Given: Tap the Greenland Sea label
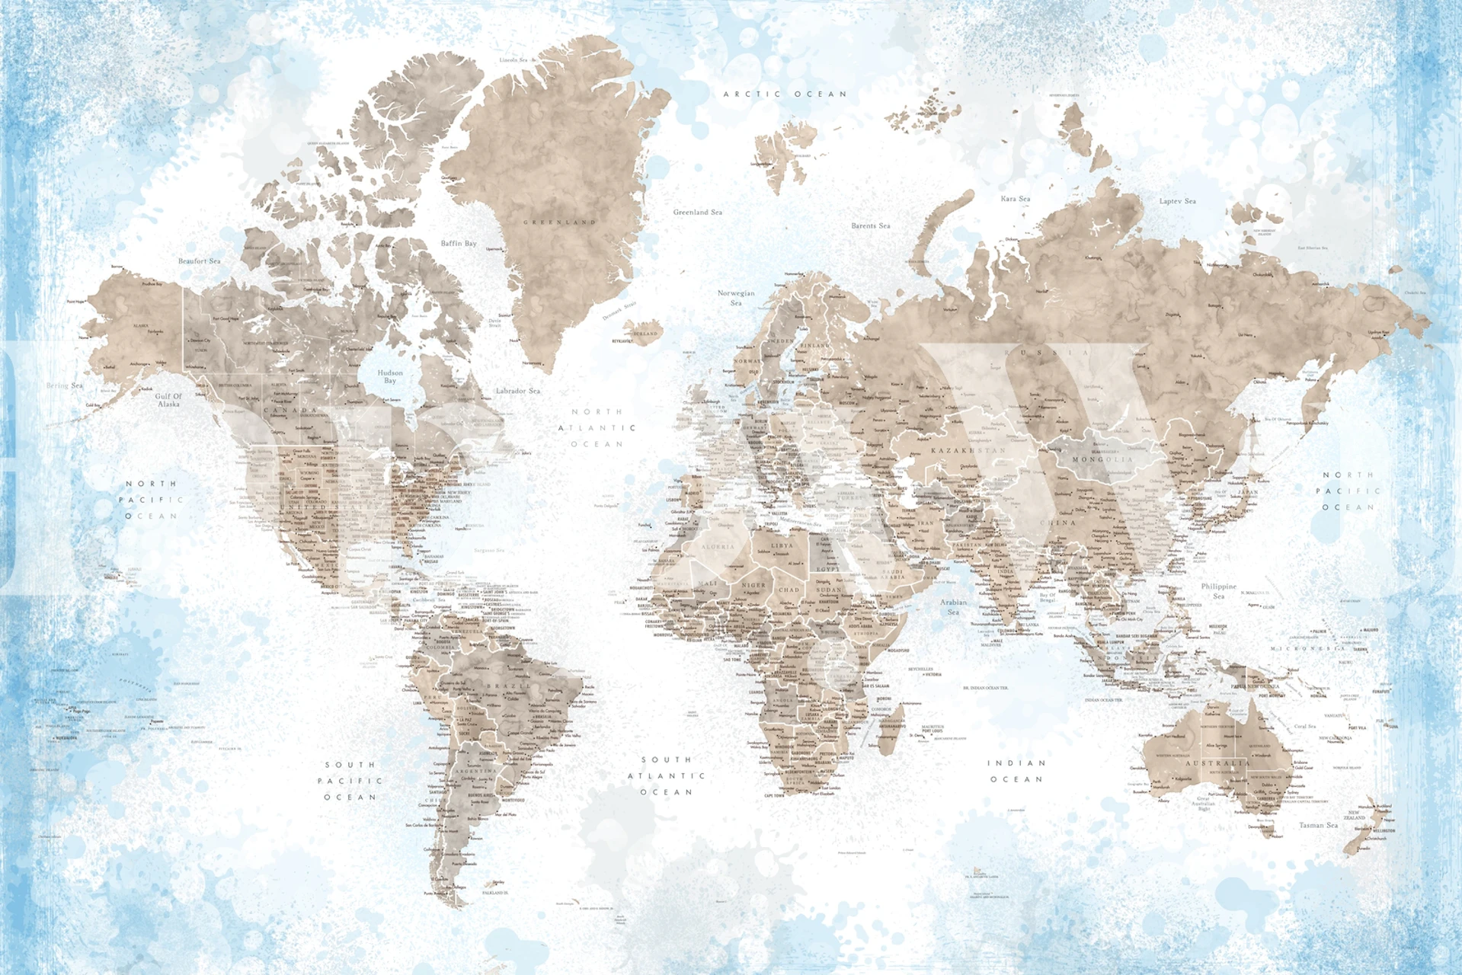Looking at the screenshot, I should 697,213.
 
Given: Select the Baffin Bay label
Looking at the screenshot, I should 459,244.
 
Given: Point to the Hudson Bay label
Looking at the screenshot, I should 390,376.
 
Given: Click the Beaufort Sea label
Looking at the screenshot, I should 199,261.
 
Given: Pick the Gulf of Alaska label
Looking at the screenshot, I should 168,400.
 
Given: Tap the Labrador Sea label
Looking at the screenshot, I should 518,391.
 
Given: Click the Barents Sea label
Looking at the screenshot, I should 870,226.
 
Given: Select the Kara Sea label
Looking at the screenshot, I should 1015,199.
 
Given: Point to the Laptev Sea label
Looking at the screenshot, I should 1177,201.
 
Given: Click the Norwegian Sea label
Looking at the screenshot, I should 736,298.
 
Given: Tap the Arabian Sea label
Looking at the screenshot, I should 953,606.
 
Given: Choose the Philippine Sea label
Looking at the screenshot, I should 1218,591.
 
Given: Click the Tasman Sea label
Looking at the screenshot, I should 1318,825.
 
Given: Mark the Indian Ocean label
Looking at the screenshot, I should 1016,771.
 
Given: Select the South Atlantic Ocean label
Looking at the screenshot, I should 667,775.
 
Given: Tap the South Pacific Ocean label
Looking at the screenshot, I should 350,781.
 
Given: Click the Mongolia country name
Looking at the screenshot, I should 1102,460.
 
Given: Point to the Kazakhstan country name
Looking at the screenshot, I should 968,451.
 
